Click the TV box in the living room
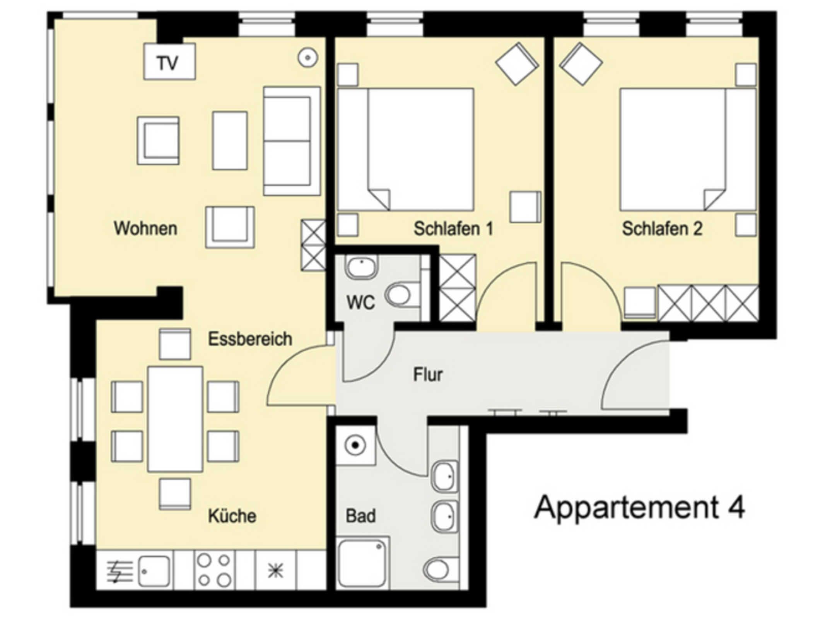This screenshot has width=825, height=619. [x=169, y=62]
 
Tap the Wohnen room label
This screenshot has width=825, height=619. [x=145, y=228]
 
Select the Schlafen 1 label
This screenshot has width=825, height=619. [x=453, y=228]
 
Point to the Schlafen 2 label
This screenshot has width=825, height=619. [x=662, y=228]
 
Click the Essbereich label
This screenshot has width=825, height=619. [x=250, y=339]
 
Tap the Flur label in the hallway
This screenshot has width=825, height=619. [x=428, y=374]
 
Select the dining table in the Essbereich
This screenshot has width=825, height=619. [x=175, y=419]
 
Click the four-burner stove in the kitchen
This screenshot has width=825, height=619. [x=214, y=570]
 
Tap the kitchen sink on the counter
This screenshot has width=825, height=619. [x=154, y=571]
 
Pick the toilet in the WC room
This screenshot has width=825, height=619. [x=402, y=295]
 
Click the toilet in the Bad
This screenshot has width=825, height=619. [x=441, y=570]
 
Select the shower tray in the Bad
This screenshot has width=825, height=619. [x=362, y=563]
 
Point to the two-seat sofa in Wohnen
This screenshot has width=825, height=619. [x=292, y=141]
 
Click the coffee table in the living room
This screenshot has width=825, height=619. [x=230, y=140]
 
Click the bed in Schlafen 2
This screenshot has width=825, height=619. [x=688, y=149]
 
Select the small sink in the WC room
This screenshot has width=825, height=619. [x=361, y=267]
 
